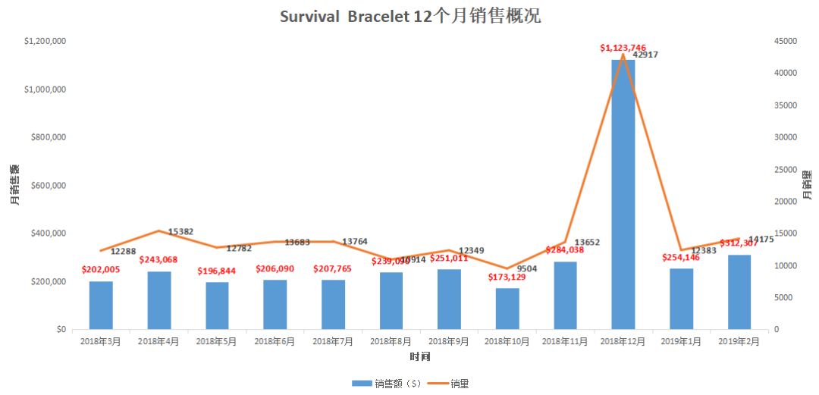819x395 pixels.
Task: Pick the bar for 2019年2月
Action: tap(739, 292)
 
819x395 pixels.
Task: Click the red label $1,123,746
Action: tap(623, 48)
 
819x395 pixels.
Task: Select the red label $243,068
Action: tap(158, 260)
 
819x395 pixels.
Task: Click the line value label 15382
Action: tap(180, 231)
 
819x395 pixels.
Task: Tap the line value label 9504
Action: tap(528, 268)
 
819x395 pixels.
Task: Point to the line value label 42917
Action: tap(646, 55)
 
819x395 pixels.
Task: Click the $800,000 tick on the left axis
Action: tap(45, 137)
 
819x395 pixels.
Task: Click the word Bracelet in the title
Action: tap(377, 17)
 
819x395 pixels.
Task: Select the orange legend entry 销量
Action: tap(447, 384)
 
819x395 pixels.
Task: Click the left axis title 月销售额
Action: tap(15, 185)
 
